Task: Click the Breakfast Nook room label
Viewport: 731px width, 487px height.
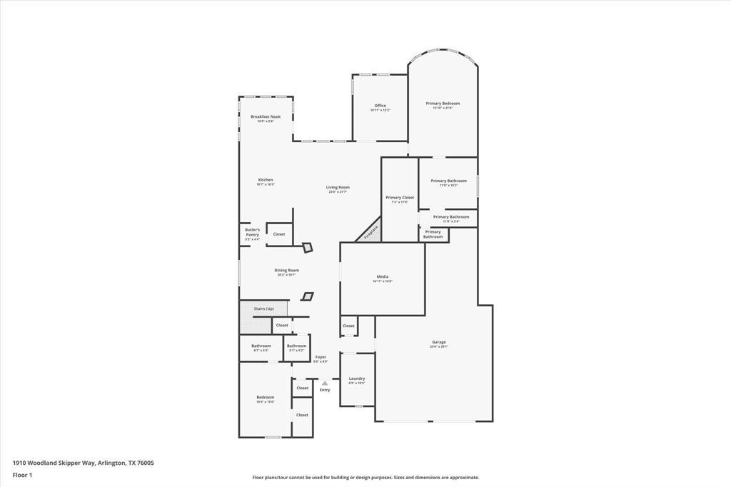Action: click(265, 117)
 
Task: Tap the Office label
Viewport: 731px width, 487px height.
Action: click(380, 106)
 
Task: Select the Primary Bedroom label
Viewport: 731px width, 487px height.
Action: click(443, 104)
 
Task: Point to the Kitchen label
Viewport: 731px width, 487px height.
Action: click(266, 181)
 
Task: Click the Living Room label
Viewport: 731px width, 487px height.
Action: click(338, 188)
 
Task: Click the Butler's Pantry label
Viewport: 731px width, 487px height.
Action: click(252, 233)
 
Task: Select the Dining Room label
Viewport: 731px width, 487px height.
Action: click(286, 271)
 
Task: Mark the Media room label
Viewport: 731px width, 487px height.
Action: click(382, 277)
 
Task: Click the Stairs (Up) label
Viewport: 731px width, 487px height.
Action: click(263, 308)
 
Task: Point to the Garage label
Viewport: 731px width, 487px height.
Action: click(438, 343)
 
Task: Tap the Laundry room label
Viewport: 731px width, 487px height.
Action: click(357, 379)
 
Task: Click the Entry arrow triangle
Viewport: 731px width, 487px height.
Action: click(325, 383)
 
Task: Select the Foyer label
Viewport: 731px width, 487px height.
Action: click(321, 358)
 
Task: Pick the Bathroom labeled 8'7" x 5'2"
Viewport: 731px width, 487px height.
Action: click(261, 347)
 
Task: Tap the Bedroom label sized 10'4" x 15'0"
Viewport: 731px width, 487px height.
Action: click(265, 398)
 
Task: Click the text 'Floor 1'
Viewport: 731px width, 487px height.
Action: click(22, 474)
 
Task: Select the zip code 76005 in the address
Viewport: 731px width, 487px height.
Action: click(145, 463)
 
